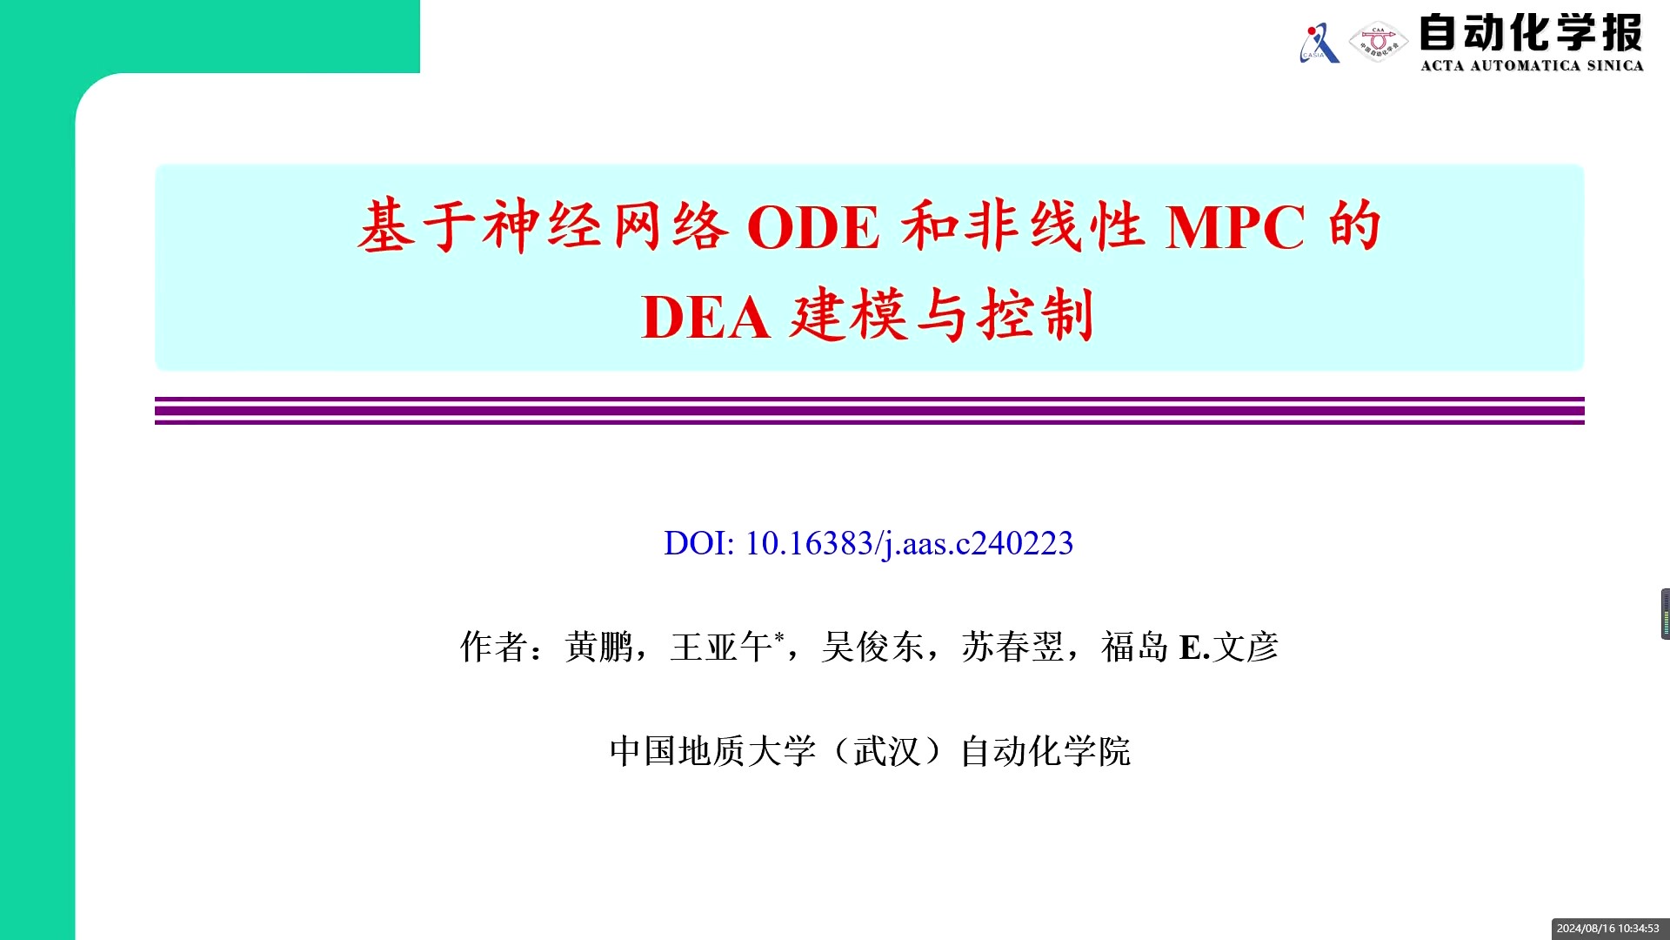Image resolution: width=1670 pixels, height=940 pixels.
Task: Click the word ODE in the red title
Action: pyautogui.click(x=813, y=228)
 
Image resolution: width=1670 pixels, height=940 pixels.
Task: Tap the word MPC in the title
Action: pyautogui.click(x=1235, y=228)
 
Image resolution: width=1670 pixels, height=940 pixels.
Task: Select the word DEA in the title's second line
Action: pyautogui.click(x=705, y=317)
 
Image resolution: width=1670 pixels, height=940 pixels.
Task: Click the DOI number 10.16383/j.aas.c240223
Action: pyautogui.click(x=910, y=543)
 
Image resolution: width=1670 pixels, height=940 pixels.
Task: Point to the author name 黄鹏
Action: pyautogui.click(x=599, y=647)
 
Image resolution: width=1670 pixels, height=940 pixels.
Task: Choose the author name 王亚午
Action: pyautogui.click(x=721, y=647)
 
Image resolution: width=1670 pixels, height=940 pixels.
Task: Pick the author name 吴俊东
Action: pyautogui.click(x=872, y=647)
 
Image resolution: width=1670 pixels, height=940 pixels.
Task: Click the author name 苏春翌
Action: pyautogui.click(x=1013, y=647)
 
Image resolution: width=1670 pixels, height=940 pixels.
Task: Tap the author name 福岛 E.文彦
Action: pyautogui.click(x=1190, y=647)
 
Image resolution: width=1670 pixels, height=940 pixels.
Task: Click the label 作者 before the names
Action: pyautogui.click(x=494, y=647)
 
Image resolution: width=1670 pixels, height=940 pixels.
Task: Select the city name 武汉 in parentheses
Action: pyautogui.click(x=887, y=751)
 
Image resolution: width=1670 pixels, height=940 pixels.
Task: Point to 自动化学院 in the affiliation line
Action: pyautogui.click(x=1045, y=751)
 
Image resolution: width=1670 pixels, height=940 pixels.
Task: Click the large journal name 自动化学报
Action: pyautogui.click(x=1531, y=33)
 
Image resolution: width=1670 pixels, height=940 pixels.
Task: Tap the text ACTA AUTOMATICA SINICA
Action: pyautogui.click(x=1532, y=65)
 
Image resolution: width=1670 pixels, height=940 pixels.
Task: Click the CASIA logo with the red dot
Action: pyautogui.click(x=1319, y=43)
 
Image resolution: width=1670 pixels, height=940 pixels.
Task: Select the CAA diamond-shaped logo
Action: pyautogui.click(x=1378, y=42)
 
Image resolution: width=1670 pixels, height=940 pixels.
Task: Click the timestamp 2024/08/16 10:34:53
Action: pyautogui.click(x=1608, y=929)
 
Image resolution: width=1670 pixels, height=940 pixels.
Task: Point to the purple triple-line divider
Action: pyautogui.click(x=870, y=411)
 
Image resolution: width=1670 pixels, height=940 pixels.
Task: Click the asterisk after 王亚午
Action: pyautogui.click(x=779, y=636)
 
